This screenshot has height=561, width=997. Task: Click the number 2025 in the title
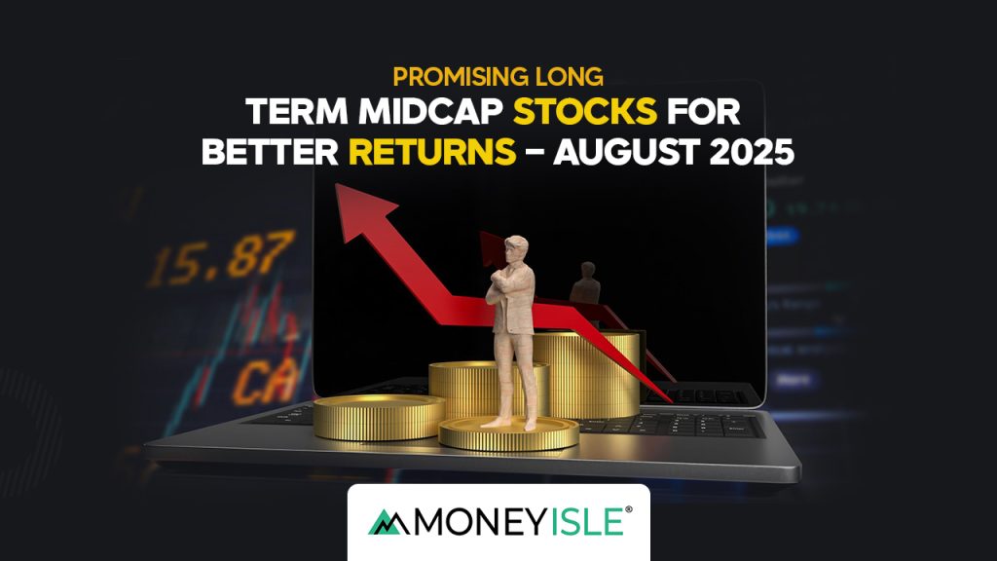click(x=746, y=154)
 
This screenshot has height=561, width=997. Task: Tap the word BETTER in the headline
click(x=267, y=154)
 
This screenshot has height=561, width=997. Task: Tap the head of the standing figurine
click(x=513, y=248)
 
